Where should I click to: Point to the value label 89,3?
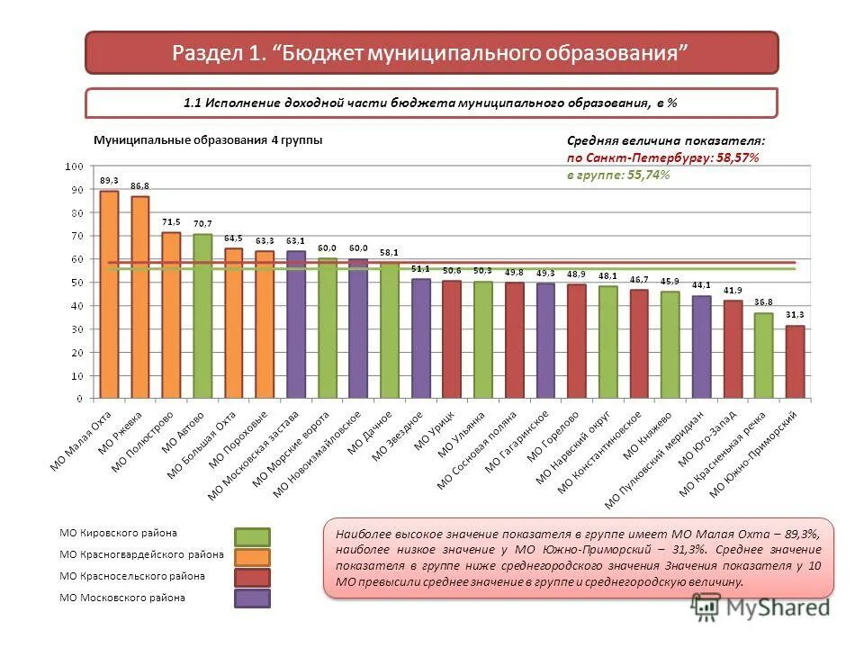109,180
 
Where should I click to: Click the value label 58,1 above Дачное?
389,253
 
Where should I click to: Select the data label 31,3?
795,315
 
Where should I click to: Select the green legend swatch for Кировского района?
252,536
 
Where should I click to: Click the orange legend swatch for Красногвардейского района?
252,557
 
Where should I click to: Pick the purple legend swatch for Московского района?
252,598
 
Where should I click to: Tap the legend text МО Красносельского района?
131,576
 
